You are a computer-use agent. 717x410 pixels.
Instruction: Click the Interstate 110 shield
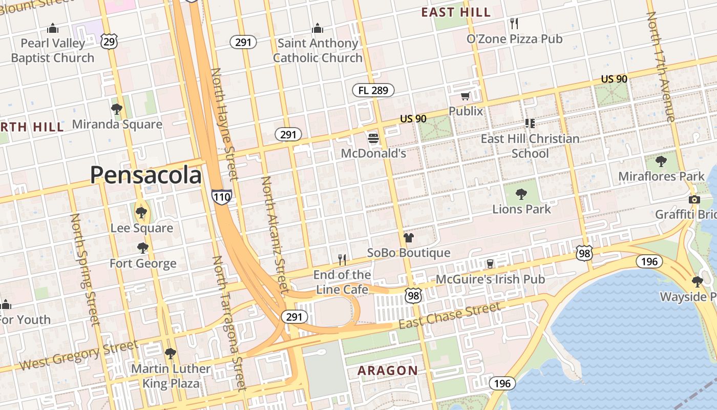[221, 196]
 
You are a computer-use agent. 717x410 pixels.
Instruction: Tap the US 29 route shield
[109, 42]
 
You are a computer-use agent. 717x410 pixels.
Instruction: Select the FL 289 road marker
[373, 91]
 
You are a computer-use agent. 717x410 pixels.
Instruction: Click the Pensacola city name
[146, 175]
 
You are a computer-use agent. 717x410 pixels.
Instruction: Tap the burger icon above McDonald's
[373, 138]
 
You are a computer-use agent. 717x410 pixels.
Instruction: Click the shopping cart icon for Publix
[465, 96]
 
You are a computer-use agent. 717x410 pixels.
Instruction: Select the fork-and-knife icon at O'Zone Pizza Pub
[515, 23]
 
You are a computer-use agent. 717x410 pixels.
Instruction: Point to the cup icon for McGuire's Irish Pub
[490, 263]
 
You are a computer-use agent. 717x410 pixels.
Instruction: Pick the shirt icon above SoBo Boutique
[408, 237]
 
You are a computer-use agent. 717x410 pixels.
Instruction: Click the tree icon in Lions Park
[521, 194]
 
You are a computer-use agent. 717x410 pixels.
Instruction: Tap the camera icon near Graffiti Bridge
[694, 199]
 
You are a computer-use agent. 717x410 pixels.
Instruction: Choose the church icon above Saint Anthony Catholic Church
[318, 28]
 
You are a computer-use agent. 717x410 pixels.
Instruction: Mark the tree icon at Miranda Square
[117, 109]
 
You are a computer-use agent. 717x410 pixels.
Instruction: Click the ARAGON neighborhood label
[388, 371]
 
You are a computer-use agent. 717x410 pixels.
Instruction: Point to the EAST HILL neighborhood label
[456, 12]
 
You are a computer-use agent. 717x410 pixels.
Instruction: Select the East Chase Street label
[450, 316]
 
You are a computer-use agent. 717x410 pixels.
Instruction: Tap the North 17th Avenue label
[661, 67]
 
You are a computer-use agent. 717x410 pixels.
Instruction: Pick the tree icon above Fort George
[143, 248]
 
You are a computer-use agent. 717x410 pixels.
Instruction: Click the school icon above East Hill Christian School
[530, 123]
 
